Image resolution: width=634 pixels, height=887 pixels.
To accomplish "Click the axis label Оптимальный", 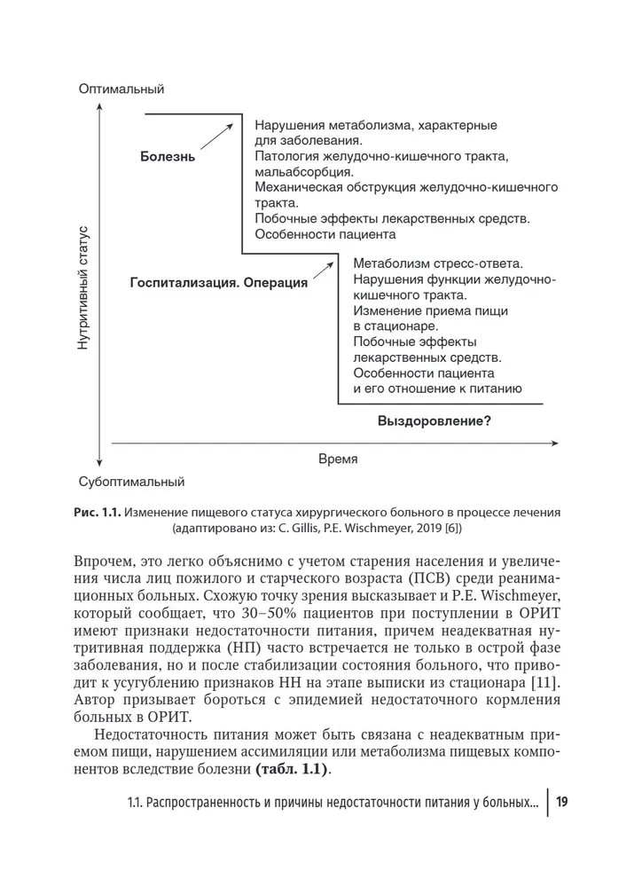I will point(121,90).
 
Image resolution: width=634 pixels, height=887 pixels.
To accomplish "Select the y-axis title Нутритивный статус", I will point(84,285).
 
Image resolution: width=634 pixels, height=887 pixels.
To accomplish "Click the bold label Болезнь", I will point(168,157).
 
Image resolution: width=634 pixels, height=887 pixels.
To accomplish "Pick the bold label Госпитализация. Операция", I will point(219,284).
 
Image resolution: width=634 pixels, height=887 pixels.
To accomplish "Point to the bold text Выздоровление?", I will point(434,421).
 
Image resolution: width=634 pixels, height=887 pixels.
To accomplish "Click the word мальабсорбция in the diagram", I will point(305,172).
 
